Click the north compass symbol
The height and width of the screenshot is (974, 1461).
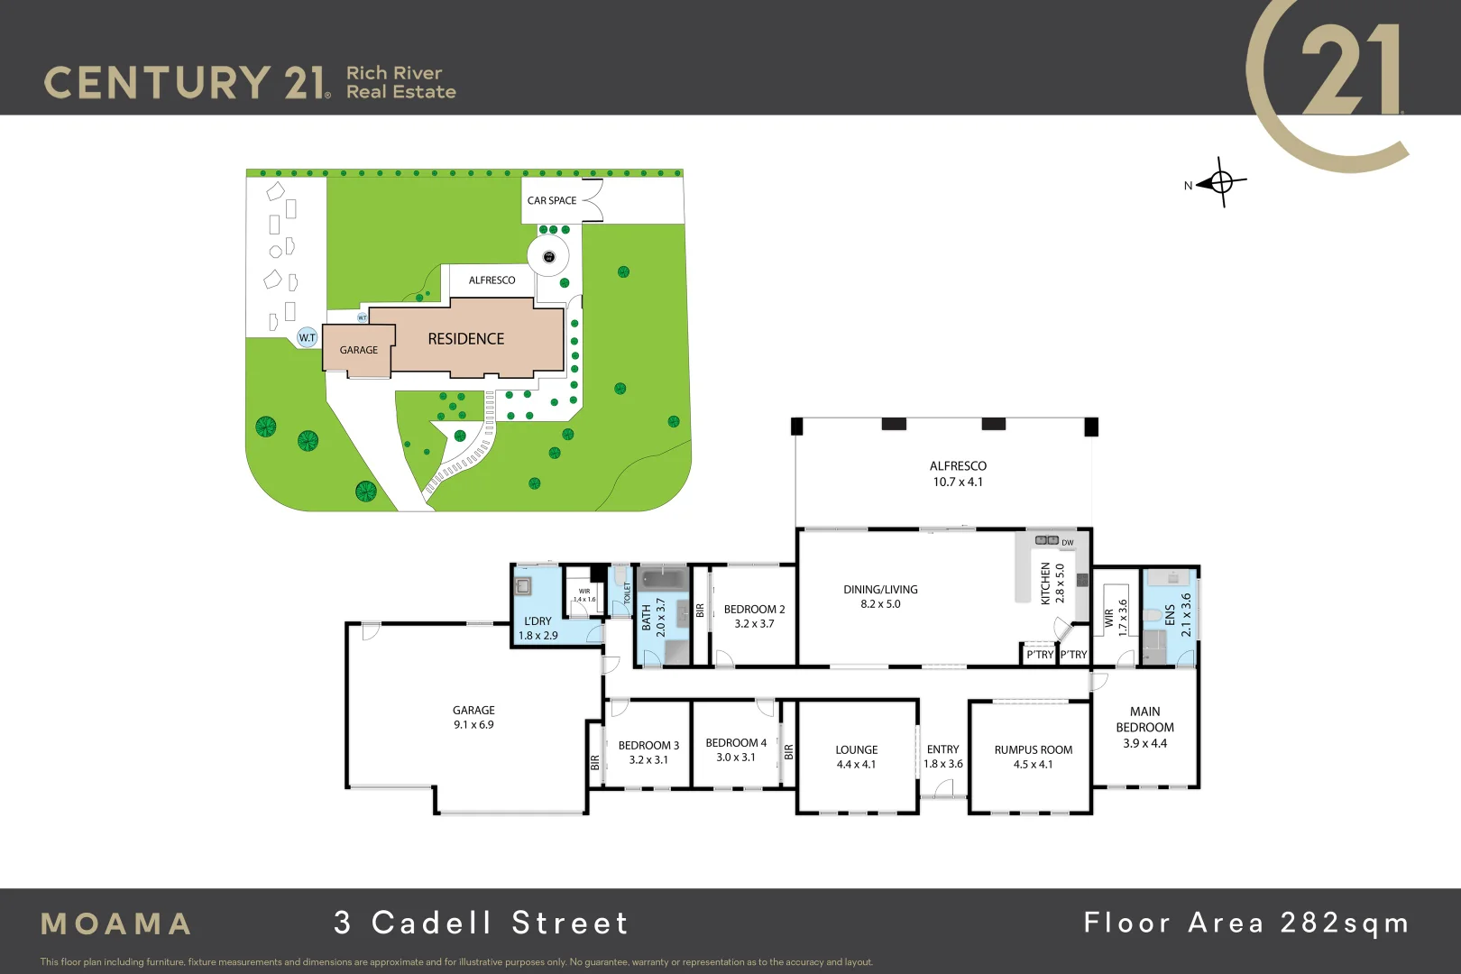coord(1222,182)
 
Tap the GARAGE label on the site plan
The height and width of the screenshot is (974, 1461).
coord(359,350)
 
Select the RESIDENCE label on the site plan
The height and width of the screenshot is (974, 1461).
coord(465,339)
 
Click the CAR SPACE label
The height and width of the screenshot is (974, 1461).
coord(552,201)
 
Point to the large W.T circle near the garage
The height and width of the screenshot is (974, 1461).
coord(308,337)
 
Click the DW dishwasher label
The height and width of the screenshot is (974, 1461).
coord(1068,543)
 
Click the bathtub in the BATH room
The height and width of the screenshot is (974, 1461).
coord(663,577)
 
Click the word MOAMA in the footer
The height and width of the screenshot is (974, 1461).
coord(116,923)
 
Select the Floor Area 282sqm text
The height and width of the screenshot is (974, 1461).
coord(1246,923)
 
